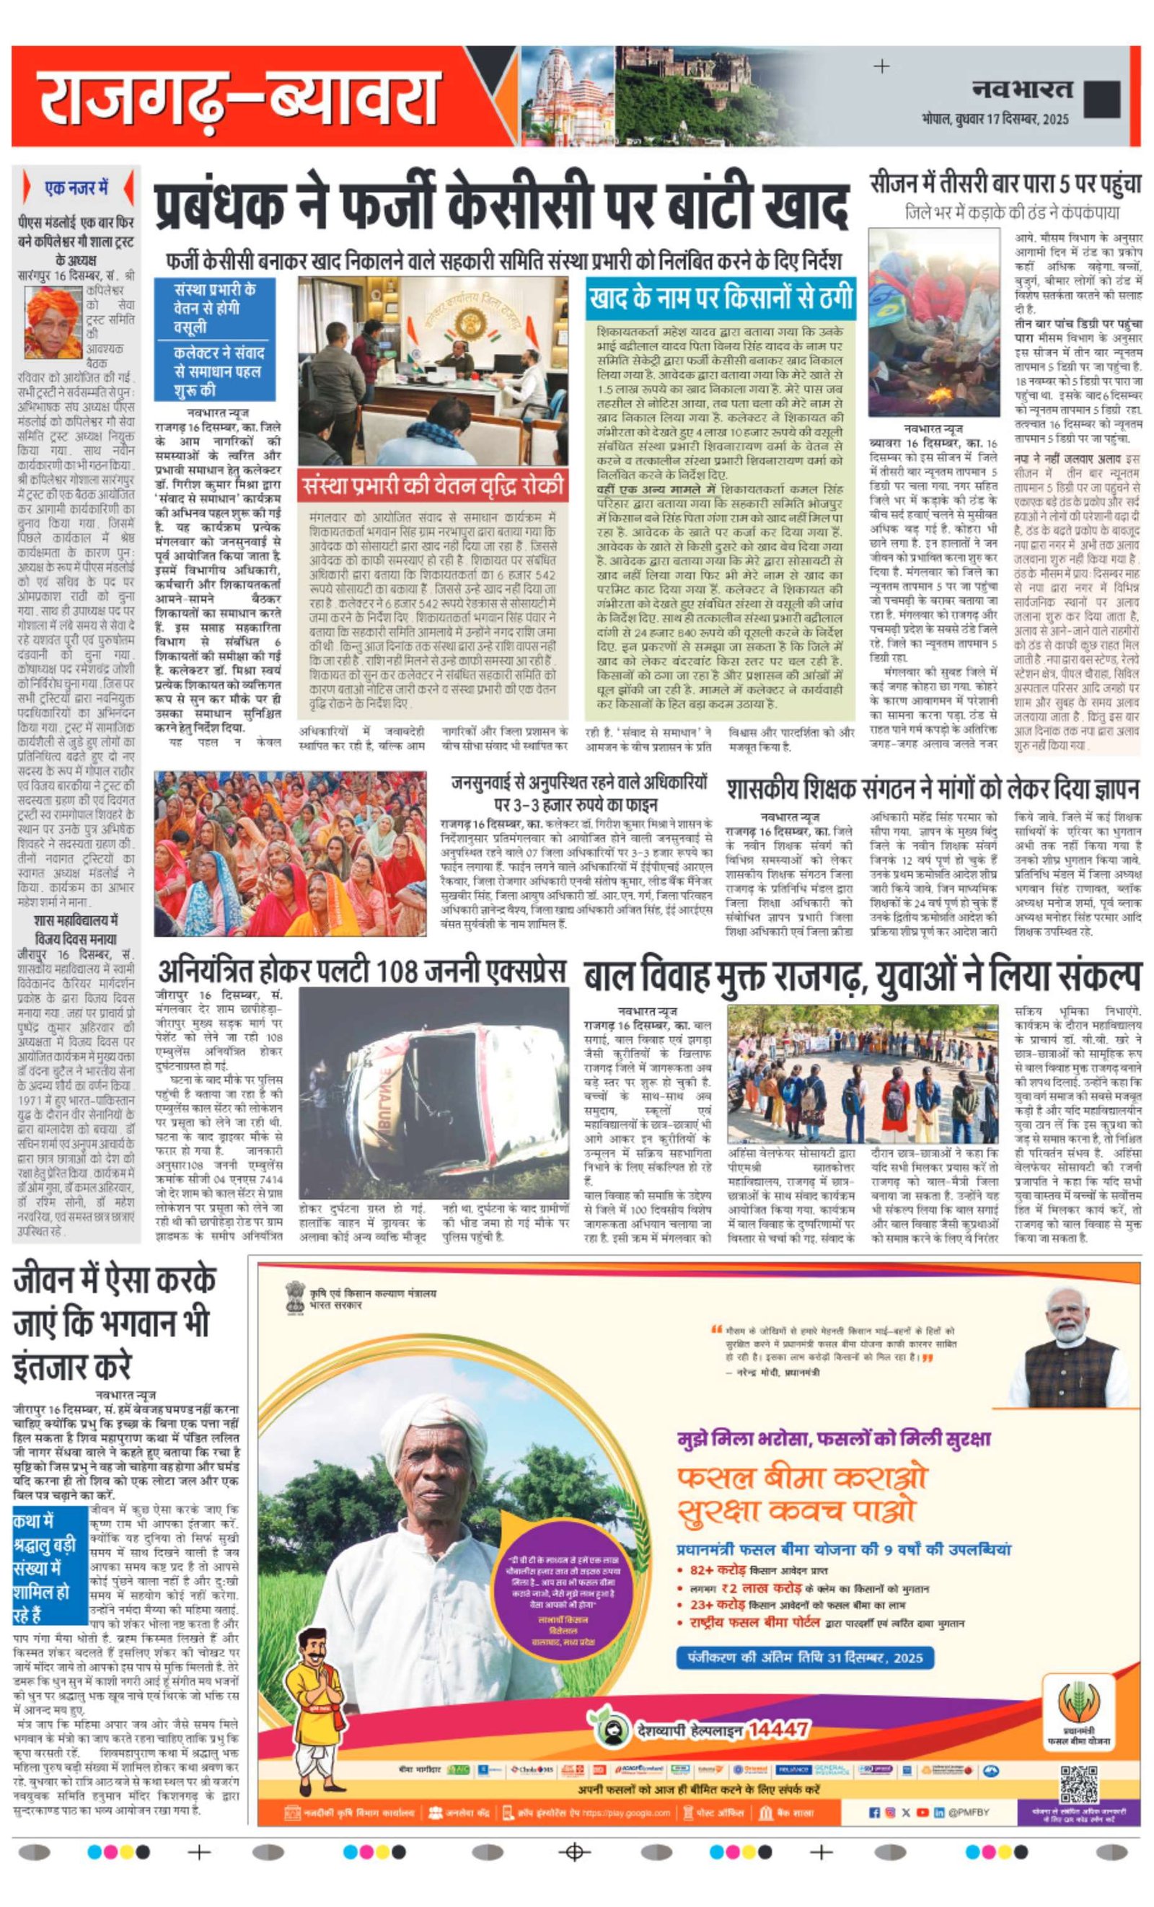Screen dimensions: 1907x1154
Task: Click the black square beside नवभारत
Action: click(1102, 99)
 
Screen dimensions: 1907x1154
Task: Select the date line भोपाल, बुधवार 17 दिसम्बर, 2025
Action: click(995, 119)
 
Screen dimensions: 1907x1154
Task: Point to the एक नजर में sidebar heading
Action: click(76, 188)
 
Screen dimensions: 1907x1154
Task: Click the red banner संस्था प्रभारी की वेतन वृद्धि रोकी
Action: click(433, 486)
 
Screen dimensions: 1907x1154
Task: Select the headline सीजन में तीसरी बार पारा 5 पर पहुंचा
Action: click(1005, 184)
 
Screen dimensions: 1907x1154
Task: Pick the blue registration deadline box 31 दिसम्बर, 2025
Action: click(805, 1657)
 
